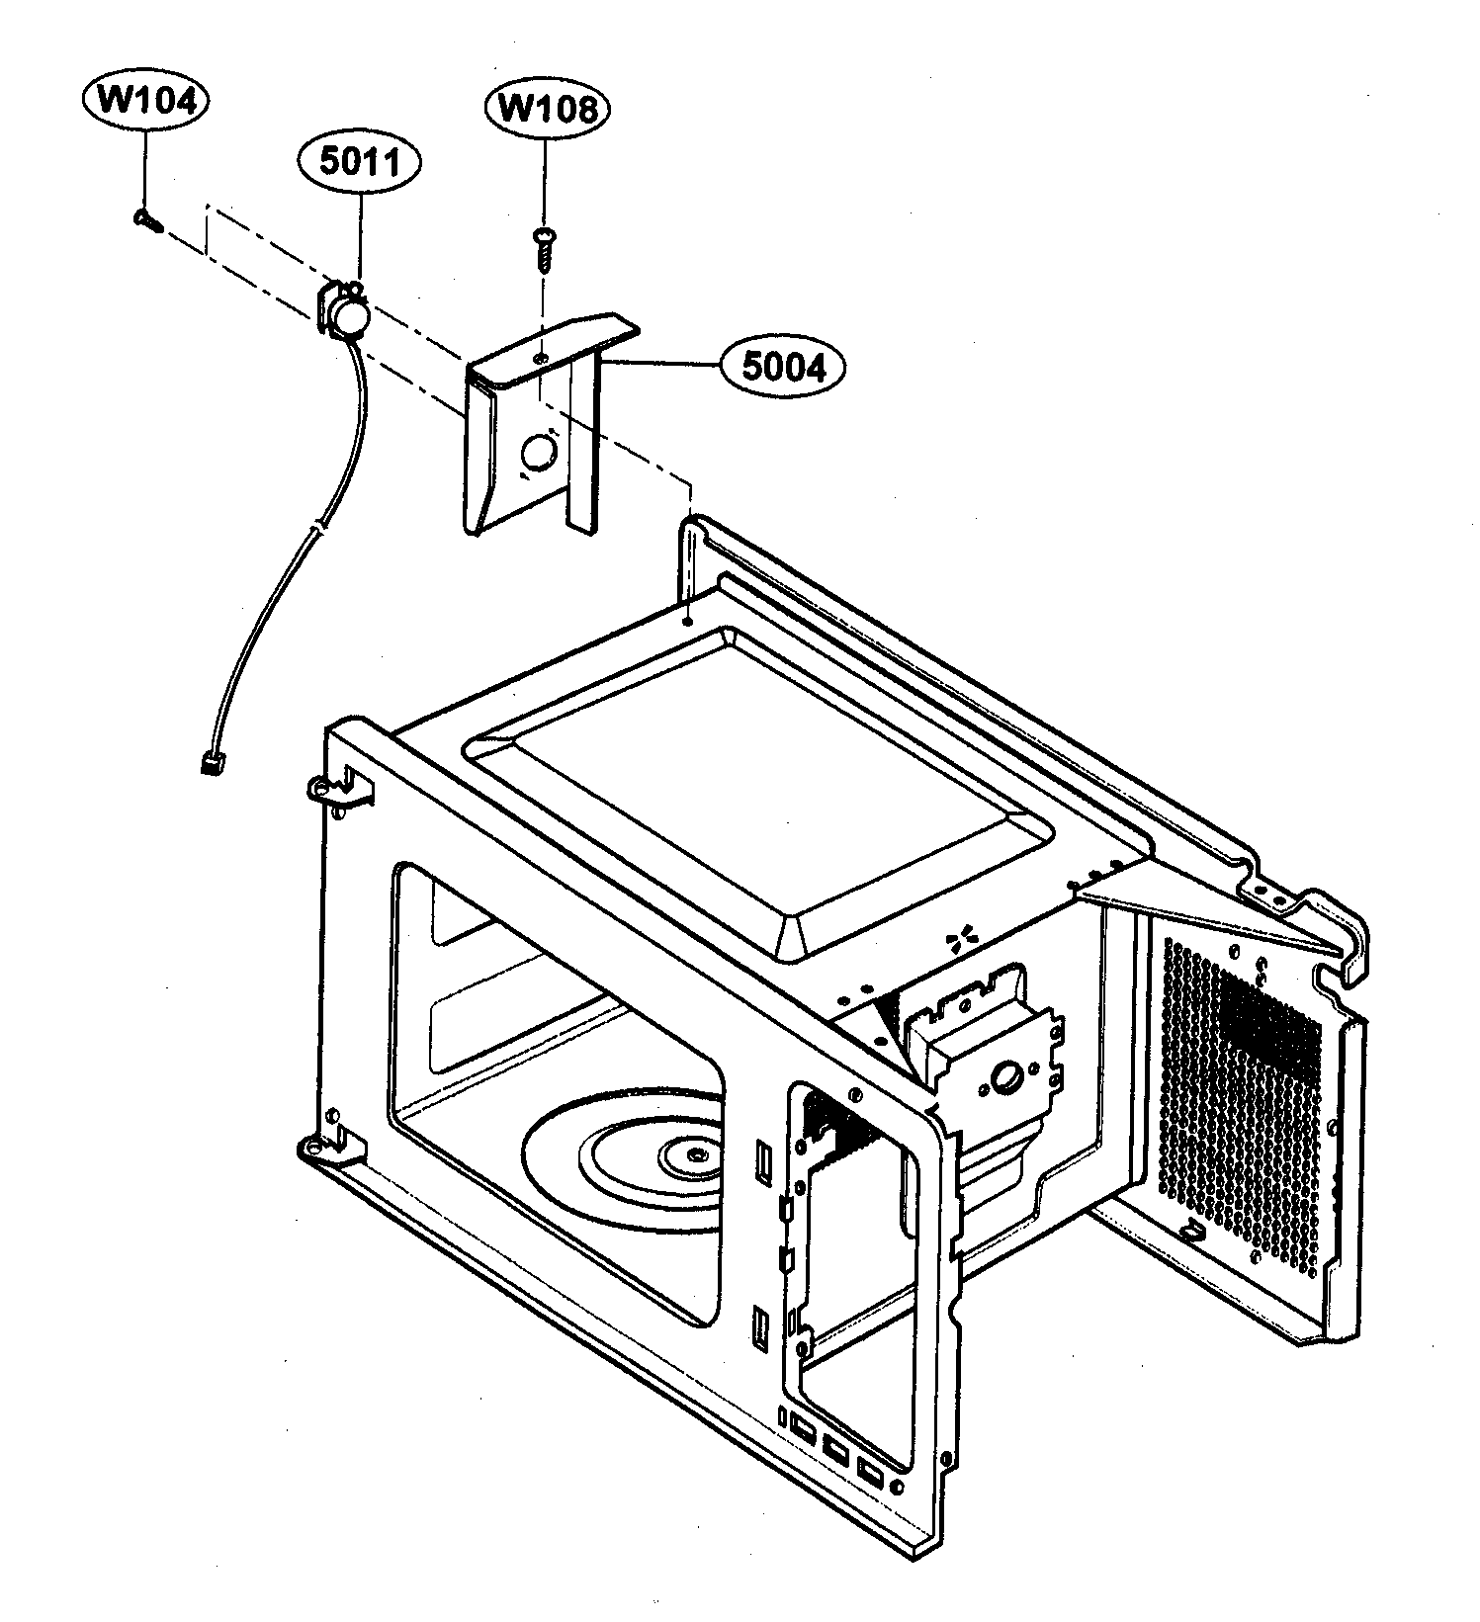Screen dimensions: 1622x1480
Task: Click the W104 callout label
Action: coord(145,103)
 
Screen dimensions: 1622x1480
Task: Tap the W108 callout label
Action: coord(546,109)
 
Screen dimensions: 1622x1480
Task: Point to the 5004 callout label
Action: coord(782,368)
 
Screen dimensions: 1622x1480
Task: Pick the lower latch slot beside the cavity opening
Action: coord(759,1324)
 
